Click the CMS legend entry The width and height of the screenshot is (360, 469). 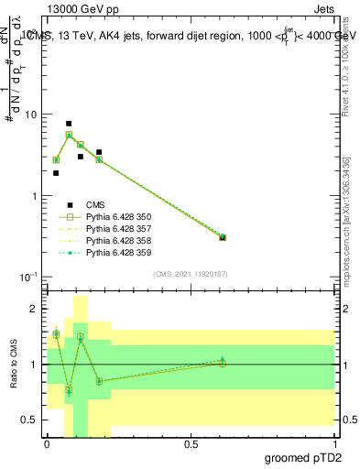pyautogui.click(x=96, y=206)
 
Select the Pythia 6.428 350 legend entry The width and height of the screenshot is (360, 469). pyautogui.click(x=116, y=218)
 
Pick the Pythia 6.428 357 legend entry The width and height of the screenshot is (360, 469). pyautogui.click(x=116, y=230)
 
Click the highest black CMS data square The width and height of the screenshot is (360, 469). pyautogui.click(x=69, y=124)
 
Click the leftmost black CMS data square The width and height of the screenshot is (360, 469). pyautogui.click(x=56, y=172)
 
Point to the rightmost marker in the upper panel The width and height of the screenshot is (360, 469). pyautogui.click(x=223, y=237)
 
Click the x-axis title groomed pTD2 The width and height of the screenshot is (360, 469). pyautogui.click(x=301, y=458)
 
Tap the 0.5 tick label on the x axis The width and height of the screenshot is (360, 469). pyautogui.click(x=191, y=444)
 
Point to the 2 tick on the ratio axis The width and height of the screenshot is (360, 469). pyautogui.click(x=35, y=310)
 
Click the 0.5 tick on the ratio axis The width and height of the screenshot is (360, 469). pyautogui.click(x=32, y=420)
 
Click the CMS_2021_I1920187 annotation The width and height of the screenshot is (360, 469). pyautogui.click(x=191, y=273)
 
